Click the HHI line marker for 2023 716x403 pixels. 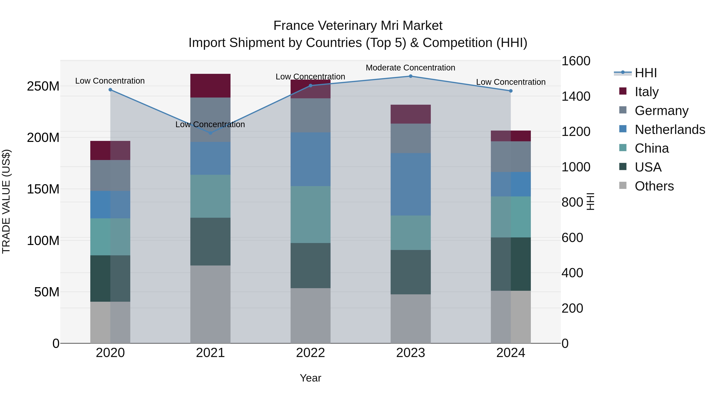[x=411, y=76]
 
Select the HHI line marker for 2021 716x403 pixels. [x=210, y=133]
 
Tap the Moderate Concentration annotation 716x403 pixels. [x=410, y=68]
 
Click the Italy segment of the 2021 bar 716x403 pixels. [x=210, y=86]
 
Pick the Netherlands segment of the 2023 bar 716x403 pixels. [x=411, y=184]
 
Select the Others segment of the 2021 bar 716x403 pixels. [x=210, y=304]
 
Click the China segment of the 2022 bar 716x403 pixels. [x=310, y=214]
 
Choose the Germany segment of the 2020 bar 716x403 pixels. [x=110, y=176]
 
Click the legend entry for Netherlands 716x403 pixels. [x=670, y=130]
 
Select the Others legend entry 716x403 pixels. [x=654, y=186]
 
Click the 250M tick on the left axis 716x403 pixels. [x=43, y=86]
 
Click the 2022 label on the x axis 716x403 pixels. [x=310, y=353]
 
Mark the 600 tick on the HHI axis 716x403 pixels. [x=572, y=237]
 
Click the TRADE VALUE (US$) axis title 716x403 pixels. [x=6, y=201]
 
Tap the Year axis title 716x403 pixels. [x=310, y=378]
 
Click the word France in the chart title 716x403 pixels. [x=294, y=26]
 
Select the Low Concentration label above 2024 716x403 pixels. [x=511, y=82]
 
